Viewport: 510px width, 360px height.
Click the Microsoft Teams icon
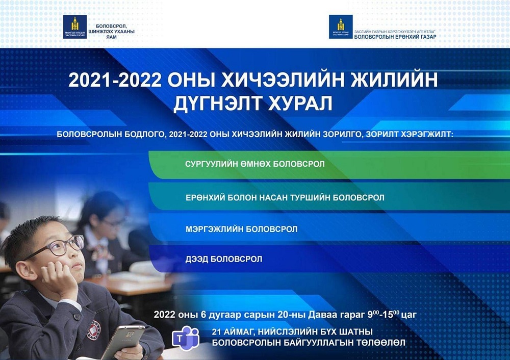click(x=186, y=337)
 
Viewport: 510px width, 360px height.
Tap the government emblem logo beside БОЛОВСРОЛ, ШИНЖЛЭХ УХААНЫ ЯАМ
click(x=75, y=27)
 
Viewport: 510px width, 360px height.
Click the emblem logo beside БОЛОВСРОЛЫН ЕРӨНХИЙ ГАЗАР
click(x=341, y=27)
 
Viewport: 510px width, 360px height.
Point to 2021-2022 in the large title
click(x=115, y=80)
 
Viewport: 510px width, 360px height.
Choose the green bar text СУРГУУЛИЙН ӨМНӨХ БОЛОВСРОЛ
click(x=254, y=164)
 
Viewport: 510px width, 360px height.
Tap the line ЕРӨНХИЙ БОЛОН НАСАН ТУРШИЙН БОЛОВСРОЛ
click(x=285, y=198)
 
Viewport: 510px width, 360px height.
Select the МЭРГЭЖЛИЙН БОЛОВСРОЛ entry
click(x=241, y=229)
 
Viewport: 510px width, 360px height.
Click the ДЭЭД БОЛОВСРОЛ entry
click(x=224, y=259)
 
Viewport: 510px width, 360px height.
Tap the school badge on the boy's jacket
click(x=94, y=330)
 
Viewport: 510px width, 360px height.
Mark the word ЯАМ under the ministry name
click(x=111, y=37)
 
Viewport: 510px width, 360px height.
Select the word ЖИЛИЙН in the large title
click(x=394, y=80)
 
